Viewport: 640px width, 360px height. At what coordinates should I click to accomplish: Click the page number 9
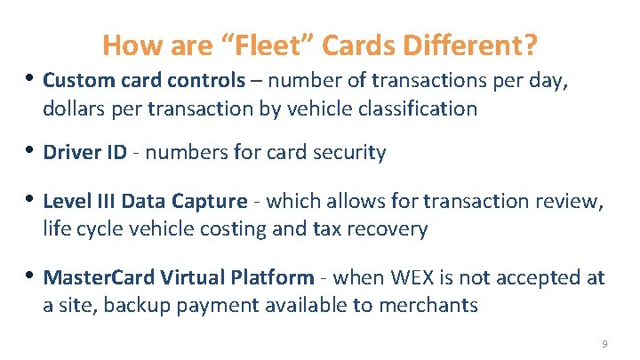pos(604,344)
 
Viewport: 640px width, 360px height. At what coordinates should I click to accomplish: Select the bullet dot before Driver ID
pos(32,151)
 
